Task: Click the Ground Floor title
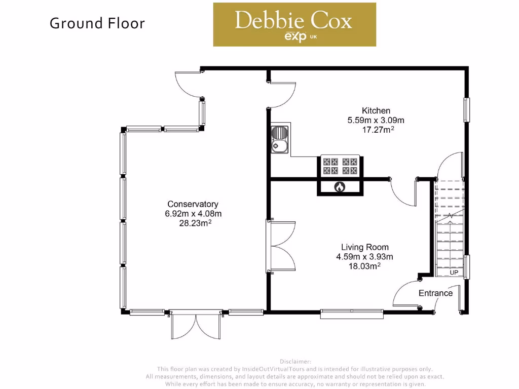pos(97,24)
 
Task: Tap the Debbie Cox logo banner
pos(294,24)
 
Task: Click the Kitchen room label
pos(376,110)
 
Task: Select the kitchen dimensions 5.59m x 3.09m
pos(376,120)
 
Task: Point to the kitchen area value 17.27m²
pos(376,130)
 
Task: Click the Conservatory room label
pos(193,204)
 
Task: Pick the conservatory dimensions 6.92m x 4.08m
pos(193,214)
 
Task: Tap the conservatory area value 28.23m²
pos(193,223)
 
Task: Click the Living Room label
pos(365,247)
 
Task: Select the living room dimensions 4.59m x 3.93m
pos(365,257)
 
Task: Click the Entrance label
pos(435,293)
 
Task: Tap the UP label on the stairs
pos(454,273)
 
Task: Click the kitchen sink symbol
pos(279,139)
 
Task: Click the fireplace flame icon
pos(339,187)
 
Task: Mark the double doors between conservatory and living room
pos(282,247)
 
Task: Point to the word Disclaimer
pos(295,362)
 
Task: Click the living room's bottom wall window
pos(352,314)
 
